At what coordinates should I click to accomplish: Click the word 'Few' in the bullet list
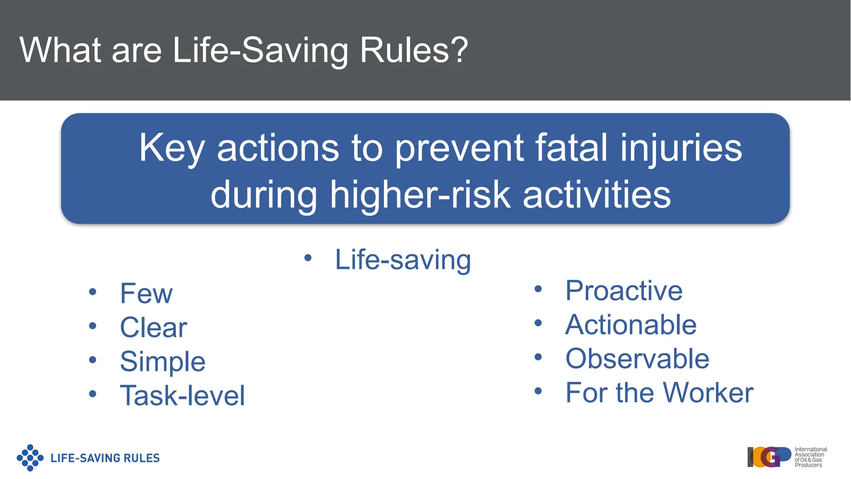click(x=146, y=294)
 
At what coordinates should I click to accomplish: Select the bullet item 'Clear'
click(x=153, y=328)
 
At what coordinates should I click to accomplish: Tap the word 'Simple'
click(x=162, y=362)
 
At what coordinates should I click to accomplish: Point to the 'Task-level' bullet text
click(x=182, y=395)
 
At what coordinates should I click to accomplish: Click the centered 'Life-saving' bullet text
click(x=403, y=260)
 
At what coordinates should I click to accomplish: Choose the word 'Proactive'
click(x=624, y=291)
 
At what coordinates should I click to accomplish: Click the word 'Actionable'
click(x=631, y=325)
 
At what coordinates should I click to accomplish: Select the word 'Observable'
click(x=637, y=359)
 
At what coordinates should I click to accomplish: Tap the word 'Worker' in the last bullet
click(x=708, y=393)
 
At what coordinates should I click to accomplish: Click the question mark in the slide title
click(x=460, y=50)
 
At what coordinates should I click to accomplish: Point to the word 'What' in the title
click(x=60, y=50)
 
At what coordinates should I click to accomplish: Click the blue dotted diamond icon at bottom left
click(x=30, y=458)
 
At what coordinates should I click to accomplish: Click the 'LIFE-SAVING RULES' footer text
click(x=105, y=458)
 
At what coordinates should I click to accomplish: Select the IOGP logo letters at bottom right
click(x=769, y=457)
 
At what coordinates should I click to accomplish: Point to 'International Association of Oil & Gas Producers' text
click(x=810, y=457)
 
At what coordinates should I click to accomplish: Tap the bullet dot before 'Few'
click(x=92, y=292)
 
